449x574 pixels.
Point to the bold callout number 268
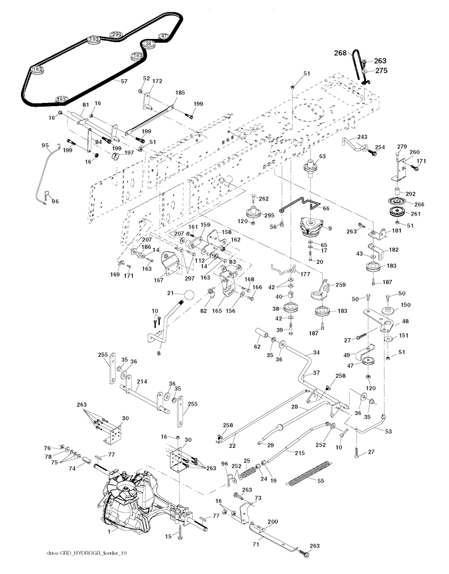coord(340,53)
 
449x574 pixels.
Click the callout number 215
coord(299,453)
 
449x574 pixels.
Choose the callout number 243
coord(362,137)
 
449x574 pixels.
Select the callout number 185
coord(180,93)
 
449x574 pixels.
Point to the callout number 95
coord(45,145)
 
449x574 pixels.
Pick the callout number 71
coord(255,545)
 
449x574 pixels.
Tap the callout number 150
coord(406,304)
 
